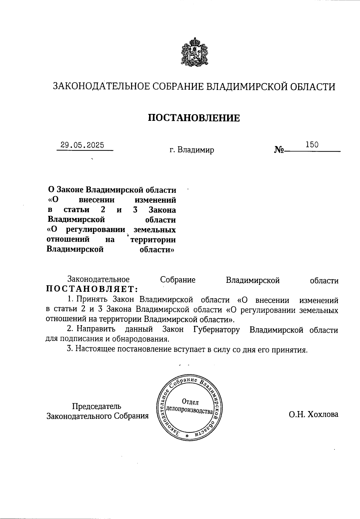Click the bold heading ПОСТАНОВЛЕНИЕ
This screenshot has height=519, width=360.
[194, 118]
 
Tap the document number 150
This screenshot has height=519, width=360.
[312, 145]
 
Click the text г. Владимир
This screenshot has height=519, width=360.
[192, 150]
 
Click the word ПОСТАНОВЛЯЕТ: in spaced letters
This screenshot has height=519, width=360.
[92, 289]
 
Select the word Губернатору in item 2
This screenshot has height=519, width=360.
[217, 330]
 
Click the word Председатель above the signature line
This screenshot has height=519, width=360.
[97, 406]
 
